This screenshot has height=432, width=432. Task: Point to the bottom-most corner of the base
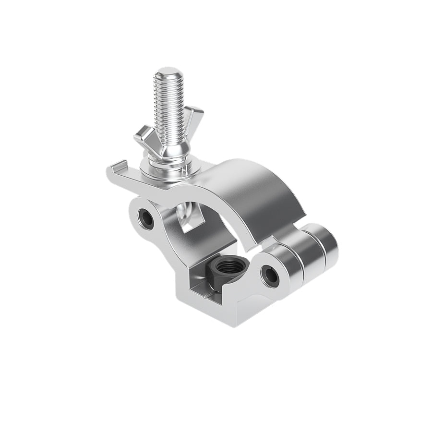[x=236, y=326]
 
